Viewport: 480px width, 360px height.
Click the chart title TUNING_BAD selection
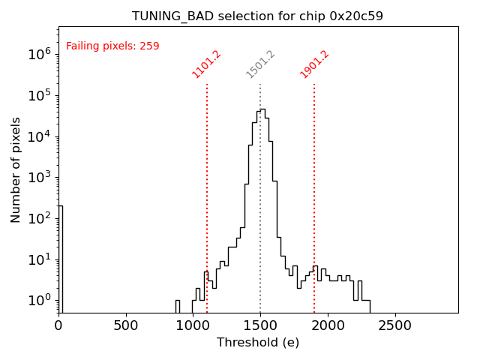[257, 16]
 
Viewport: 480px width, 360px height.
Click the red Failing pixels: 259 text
[112, 46]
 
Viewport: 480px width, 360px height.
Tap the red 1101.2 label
[208, 64]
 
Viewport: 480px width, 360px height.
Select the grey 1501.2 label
[261, 64]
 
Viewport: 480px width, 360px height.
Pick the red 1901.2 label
[315, 64]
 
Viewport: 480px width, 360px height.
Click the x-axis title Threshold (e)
[258, 343]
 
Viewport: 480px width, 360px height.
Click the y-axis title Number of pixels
[16, 169]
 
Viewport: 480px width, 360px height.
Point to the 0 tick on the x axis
[58, 325]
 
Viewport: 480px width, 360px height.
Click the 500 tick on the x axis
[125, 325]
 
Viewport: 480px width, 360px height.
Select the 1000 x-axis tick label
[193, 325]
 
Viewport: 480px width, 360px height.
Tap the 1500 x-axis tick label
[260, 325]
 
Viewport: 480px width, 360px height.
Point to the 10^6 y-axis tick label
[39, 54]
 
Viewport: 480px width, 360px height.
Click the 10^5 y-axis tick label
[39, 95]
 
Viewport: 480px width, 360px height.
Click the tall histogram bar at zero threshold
[60, 255]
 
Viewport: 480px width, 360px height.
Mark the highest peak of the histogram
[262, 109]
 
